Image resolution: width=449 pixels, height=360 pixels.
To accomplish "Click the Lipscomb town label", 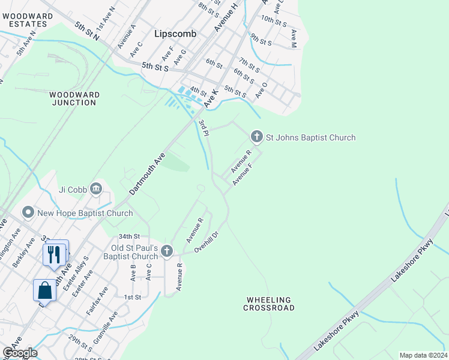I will (x=175, y=34).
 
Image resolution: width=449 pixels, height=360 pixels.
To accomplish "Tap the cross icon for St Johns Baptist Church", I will (x=256, y=137).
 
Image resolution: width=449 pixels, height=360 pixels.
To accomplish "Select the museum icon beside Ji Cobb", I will (x=95, y=190).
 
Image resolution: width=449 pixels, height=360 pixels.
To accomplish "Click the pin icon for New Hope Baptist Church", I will (x=28, y=213).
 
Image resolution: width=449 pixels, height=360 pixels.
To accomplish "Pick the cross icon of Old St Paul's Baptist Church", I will (x=167, y=251).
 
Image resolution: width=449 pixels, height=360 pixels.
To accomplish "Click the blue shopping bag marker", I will (x=45, y=290).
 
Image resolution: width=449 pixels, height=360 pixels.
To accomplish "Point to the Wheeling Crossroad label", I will (x=269, y=304).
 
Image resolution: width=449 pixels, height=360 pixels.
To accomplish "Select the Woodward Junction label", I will (x=73, y=99).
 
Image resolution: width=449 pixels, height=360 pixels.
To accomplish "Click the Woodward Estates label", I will (x=24, y=20).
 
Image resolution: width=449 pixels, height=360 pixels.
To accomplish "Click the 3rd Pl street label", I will (x=203, y=127).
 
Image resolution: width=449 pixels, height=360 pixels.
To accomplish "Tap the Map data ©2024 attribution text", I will (x=423, y=355).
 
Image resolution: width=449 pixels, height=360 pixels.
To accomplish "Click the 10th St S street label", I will (x=275, y=20).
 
